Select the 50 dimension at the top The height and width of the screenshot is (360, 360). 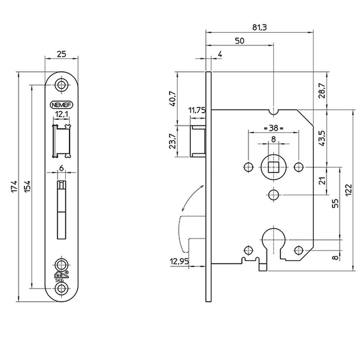(x=239, y=41)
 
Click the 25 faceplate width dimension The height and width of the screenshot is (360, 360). (x=61, y=54)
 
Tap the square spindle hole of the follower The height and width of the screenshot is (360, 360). (x=273, y=167)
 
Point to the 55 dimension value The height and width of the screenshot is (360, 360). (x=335, y=203)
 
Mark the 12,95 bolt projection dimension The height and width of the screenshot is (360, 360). (x=179, y=262)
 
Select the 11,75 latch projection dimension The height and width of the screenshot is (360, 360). (x=197, y=111)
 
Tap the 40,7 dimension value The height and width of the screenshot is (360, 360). (x=172, y=98)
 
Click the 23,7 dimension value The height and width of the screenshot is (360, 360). (x=172, y=141)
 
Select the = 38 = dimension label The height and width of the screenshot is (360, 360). (x=273, y=128)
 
